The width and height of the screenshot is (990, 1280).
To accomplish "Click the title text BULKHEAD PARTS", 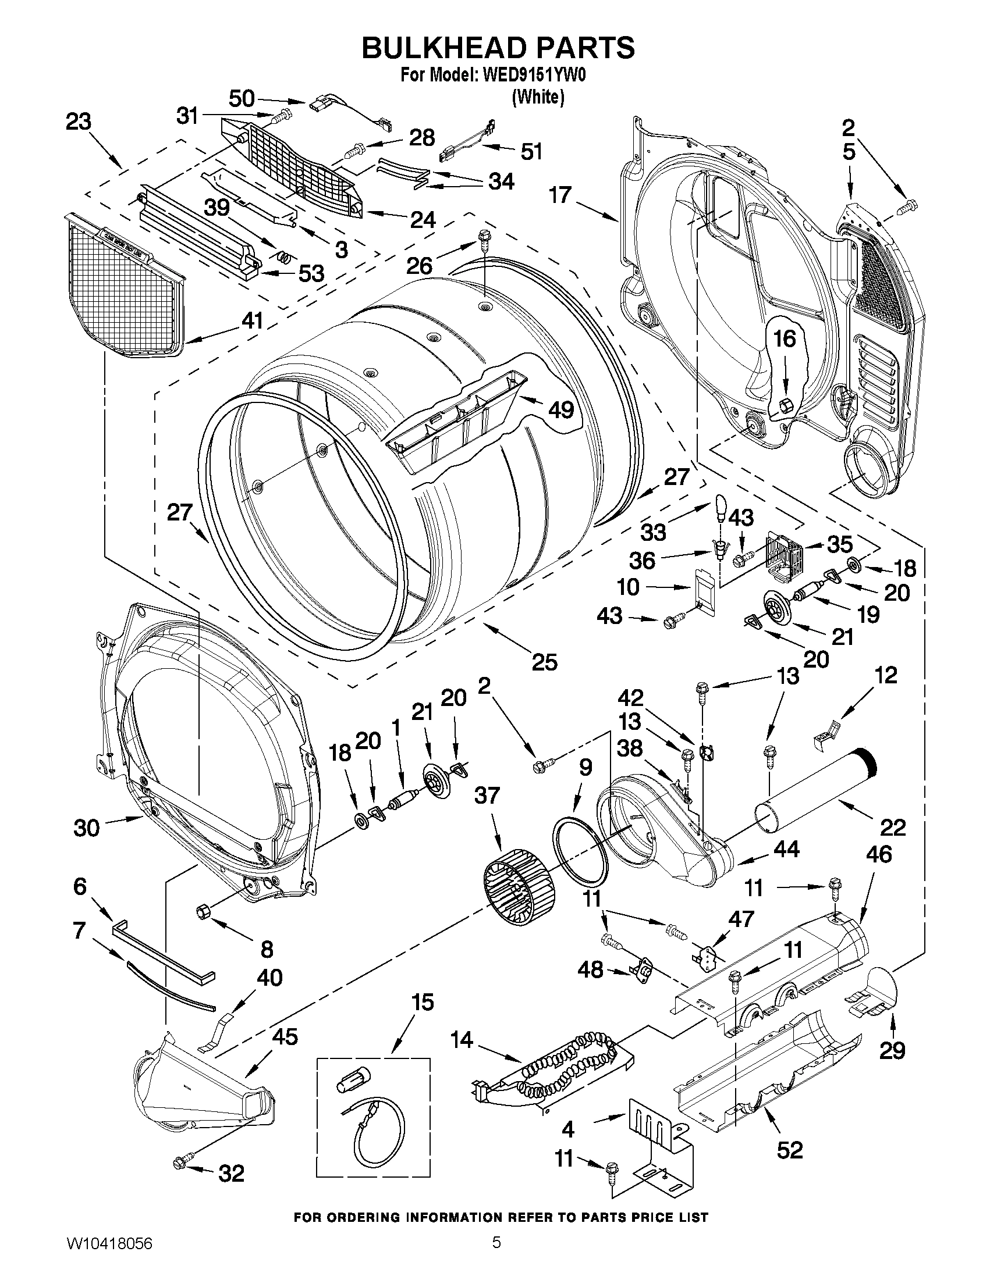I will pyautogui.click(x=498, y=48).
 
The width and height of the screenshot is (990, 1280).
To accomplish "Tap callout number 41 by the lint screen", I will pyautogui.click(x=251, y=321).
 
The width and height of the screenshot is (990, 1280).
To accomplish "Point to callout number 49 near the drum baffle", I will pyautogui.click(x=560, y=409).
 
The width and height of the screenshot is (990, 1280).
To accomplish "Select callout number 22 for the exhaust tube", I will pyautogui.click(x=893, y=827).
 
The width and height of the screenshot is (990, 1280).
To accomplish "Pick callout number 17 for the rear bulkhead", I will pyautogui.click(x=560, y=195).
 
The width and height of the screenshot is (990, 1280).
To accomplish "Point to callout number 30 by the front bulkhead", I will pyautogui.click(x=87, y=828).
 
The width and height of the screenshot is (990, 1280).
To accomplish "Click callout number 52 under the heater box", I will pyautogui.click(x=789, y=1150).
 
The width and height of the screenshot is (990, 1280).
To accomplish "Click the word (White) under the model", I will pyautogui.click(x=538, y=97).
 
